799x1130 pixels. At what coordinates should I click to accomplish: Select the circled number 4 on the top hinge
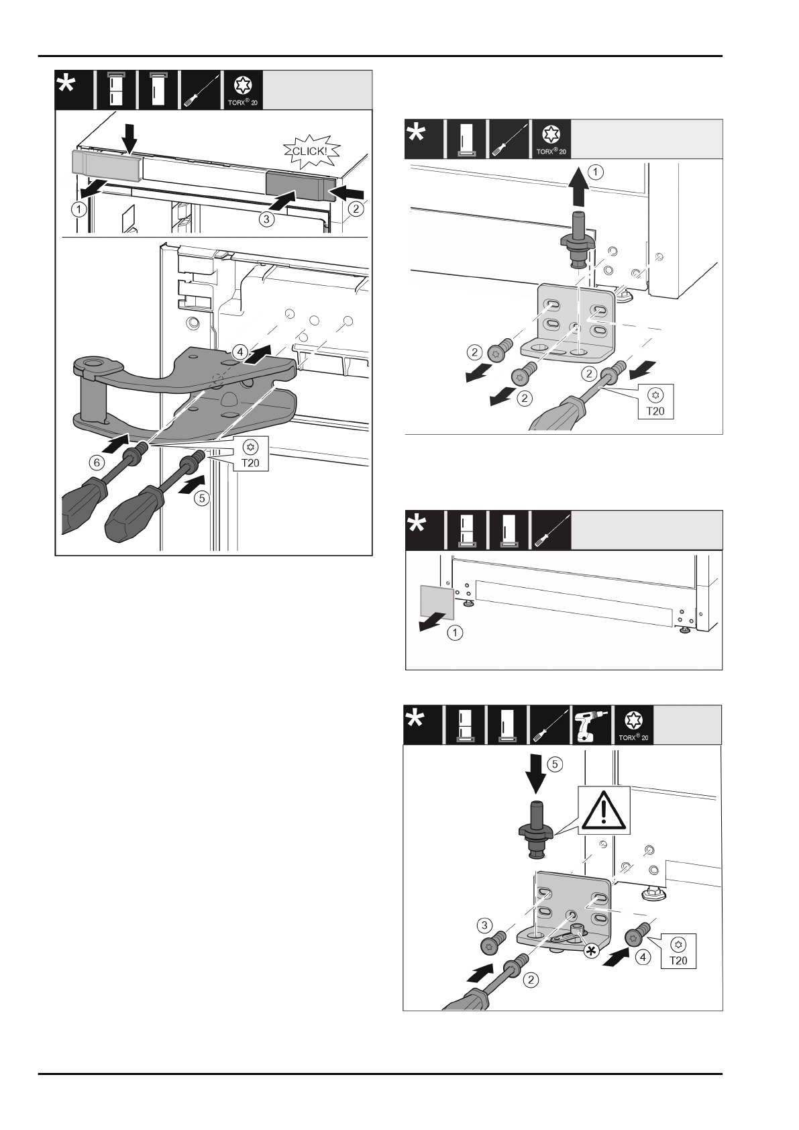coord(237,350)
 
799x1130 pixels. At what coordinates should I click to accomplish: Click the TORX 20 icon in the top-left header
coord(242,90)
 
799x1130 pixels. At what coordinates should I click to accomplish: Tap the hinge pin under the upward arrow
coord(576,238)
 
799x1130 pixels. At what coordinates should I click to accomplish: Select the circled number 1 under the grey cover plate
coord(454,633)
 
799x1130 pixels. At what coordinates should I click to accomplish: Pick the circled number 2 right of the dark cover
coord(356,209)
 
